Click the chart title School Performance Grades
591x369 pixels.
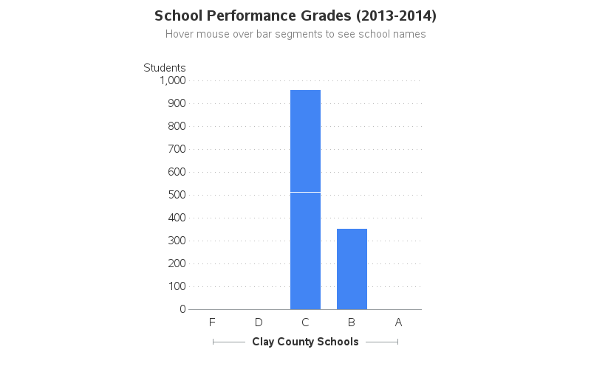pyautogui.click(x=295, y=15)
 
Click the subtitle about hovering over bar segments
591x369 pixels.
pyautogui.click(x=295, y=34)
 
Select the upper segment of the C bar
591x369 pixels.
pyautogui.click(x=305, y=140)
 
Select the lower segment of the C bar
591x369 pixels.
pyautogui.click(x=305, y=251)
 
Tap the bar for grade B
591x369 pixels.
pyautogui.click(x=352, y=269)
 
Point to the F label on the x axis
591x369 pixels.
pyautogui.click(x=212, y=323)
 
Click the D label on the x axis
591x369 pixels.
pyautogui.click(x=259, y=323)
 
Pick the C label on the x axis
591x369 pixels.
pyautogui.click(x=305, y=323)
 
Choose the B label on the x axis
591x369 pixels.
pyautogui.click(x=352, y=323)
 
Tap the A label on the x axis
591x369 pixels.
pyautogui.click(x=398, y=323)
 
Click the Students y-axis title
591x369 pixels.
pyautogui.click(x=165, y=68)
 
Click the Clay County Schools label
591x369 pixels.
pyautogui.click(x=305, y=342)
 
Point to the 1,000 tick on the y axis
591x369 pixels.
pyautogui.click(x=172, y=80)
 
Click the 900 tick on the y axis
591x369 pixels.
pyautogui.click(x=176, y=103)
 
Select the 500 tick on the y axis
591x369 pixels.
pyautogui.click(x=176, y=195)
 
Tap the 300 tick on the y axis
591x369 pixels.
pyautogui.click(x=176, y=241)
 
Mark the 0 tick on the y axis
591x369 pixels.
pyautogui.click(x=182, y=309)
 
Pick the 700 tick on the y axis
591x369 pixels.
pyautogui.click(x=176, y=149)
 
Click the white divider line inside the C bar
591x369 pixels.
pyautogui.click(x=305, y=192)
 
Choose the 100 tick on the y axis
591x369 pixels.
pyautogui.click(x=176, y=286)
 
